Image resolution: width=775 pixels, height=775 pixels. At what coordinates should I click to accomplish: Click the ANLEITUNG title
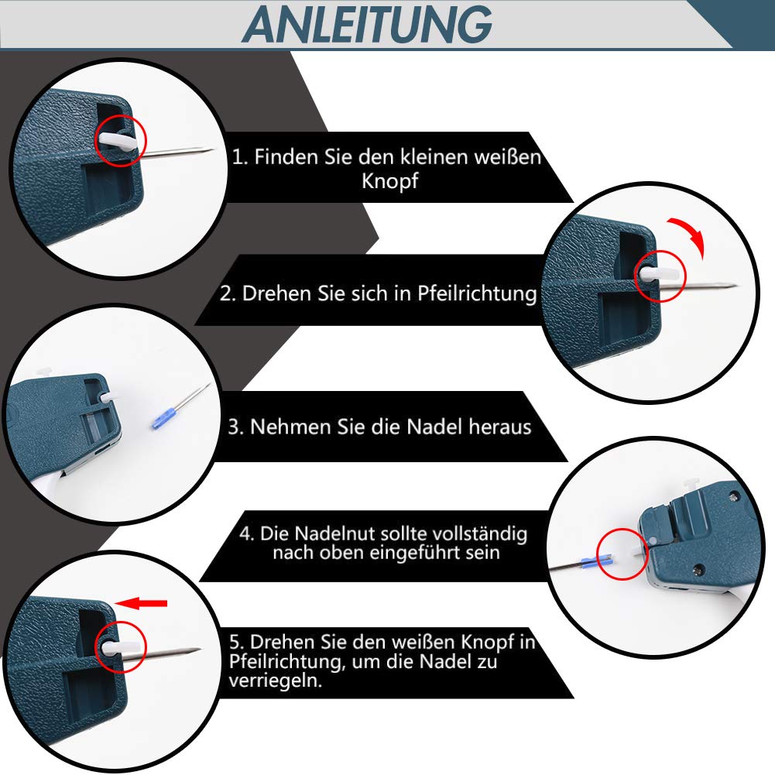(x=367, y=25)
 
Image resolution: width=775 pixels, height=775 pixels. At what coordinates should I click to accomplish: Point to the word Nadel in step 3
(x=433, y=427)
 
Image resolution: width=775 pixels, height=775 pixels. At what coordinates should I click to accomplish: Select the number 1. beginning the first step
(x=240, y=157)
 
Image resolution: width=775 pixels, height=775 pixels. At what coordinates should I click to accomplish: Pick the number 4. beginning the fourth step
(x=247, y=533)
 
